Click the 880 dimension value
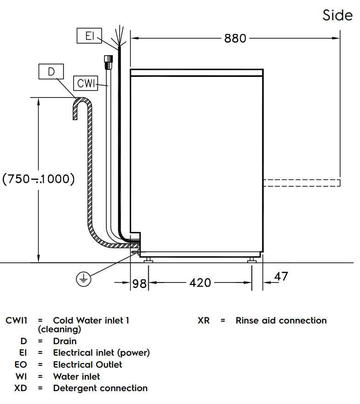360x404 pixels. click(235, 38)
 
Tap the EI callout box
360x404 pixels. click(89, 36)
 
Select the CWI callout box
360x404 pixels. click(86, 83)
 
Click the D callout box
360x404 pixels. click(51, 71)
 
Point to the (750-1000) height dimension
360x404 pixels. click(39, 179)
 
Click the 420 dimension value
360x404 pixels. click(200, 283)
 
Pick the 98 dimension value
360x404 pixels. click(139, 283)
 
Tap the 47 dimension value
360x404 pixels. click(281, 277)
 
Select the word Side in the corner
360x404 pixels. click(337, 15)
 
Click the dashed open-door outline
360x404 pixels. click(302, 183)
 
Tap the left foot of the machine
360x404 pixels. click(149, 261)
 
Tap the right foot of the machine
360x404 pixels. click(251, 261)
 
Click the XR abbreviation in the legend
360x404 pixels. click(203, 321)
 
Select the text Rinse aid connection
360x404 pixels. click(281, 321)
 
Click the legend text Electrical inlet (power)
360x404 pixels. click(101, 353)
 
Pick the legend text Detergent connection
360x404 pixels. click(100, 388)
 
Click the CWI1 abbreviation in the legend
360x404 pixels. click(17, 320)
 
